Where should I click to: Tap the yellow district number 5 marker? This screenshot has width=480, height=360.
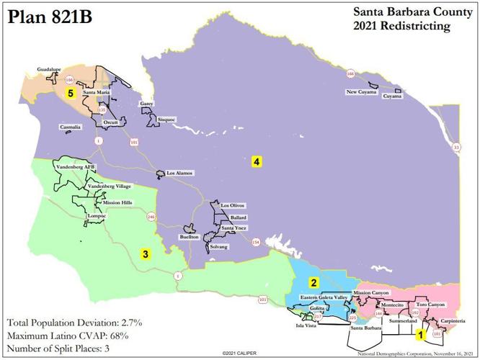(x=71, y=93)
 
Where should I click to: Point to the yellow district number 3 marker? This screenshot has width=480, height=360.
(x=145, y=253)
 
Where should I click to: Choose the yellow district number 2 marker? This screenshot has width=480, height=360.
(x=314, y=282)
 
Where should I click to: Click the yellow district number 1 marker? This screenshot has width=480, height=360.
(x=420, y=334)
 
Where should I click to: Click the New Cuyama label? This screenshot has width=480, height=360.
(x=362, y=92)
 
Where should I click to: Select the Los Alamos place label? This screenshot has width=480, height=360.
(x=180, y=173)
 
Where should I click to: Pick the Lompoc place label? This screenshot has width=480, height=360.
(x=76, y=215)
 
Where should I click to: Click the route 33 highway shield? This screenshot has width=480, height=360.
(x=455, y=148)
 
